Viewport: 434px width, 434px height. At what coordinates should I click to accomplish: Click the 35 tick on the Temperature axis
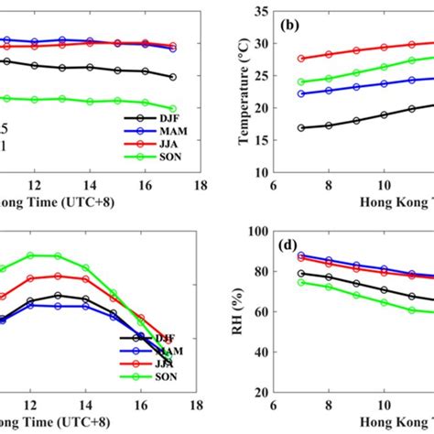pyautogui.click(x=261, y=11)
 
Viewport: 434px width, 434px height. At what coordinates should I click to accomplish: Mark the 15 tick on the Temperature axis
pyautogui.click(x=261, y=139)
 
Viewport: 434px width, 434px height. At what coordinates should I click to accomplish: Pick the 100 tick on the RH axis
pyautogui.click(x=258, y=231)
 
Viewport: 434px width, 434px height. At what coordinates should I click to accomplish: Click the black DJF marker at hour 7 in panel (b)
pyautogui.click(x=301, y=128)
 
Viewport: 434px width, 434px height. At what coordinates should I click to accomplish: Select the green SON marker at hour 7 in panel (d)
pyautogui.click(x=301, y=282)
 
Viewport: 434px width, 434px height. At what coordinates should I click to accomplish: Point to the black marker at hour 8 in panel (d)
pyautogui.click(x=329, y=277)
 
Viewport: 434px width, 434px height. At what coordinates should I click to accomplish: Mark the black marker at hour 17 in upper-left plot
pyautogui.click(x=172, y=77)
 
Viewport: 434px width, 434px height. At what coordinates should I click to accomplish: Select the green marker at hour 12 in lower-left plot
pyautogui.click(x=30, y=255)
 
